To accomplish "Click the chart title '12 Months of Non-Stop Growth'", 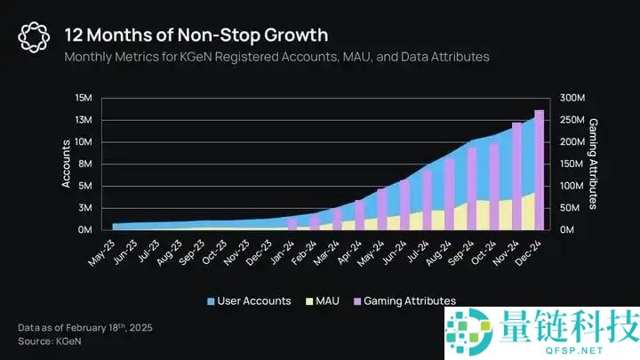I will tap(196, 35).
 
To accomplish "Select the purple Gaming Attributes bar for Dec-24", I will tap(540, 169).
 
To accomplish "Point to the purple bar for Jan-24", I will tap(292, 223).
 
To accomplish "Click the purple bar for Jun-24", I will tap(404, 204).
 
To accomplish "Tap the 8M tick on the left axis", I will tap(84, 164).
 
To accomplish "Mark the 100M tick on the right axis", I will tap(574, 186).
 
